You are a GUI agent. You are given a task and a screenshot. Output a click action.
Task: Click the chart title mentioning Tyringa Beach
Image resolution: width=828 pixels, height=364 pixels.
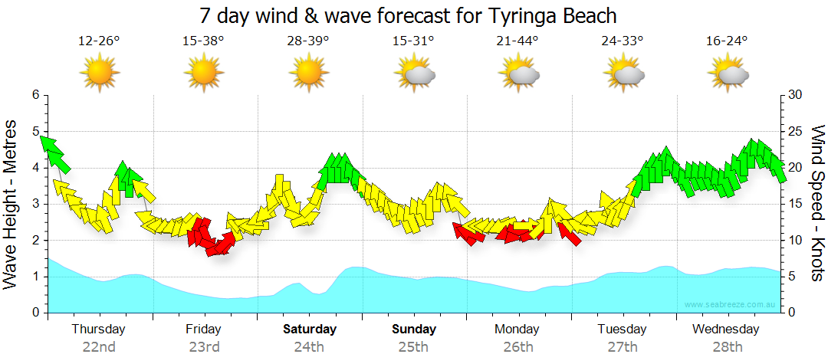[407, 15]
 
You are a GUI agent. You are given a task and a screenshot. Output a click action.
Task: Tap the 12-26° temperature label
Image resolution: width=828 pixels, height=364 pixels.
[99, 41]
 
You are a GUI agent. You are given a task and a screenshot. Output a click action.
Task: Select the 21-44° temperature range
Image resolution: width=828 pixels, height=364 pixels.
[517, 41]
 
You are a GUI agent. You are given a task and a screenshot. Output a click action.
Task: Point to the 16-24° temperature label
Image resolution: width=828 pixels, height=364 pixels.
[727, 41]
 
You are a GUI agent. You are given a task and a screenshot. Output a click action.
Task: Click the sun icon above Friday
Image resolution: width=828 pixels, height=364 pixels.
[204, 74]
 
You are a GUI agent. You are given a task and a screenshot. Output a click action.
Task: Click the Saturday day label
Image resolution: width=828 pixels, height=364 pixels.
[310, 330]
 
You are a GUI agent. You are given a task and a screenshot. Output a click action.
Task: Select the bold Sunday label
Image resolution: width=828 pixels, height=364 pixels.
[414, 330]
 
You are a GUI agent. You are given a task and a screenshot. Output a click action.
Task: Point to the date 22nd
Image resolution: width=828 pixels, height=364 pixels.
[99, 346]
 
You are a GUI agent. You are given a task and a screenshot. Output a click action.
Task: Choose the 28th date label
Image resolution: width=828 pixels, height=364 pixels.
[727, 346]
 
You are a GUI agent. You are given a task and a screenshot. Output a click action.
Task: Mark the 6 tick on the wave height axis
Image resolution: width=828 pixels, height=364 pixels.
[35, 95]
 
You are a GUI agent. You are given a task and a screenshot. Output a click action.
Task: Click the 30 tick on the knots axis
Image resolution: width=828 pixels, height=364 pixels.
[797, 95]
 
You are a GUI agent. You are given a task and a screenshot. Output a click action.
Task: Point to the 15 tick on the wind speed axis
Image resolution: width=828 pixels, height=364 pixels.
[797, 204]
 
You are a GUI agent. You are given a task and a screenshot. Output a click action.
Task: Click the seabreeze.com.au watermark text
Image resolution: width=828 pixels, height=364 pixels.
[731, 305]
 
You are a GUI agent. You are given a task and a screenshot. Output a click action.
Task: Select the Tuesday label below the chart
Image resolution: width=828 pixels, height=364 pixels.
[623, 330]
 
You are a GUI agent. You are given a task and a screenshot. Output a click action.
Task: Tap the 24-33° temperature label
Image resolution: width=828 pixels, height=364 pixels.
[623, 41]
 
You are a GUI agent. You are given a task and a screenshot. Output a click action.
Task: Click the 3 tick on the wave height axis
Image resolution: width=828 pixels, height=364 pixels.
[35, 204]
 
